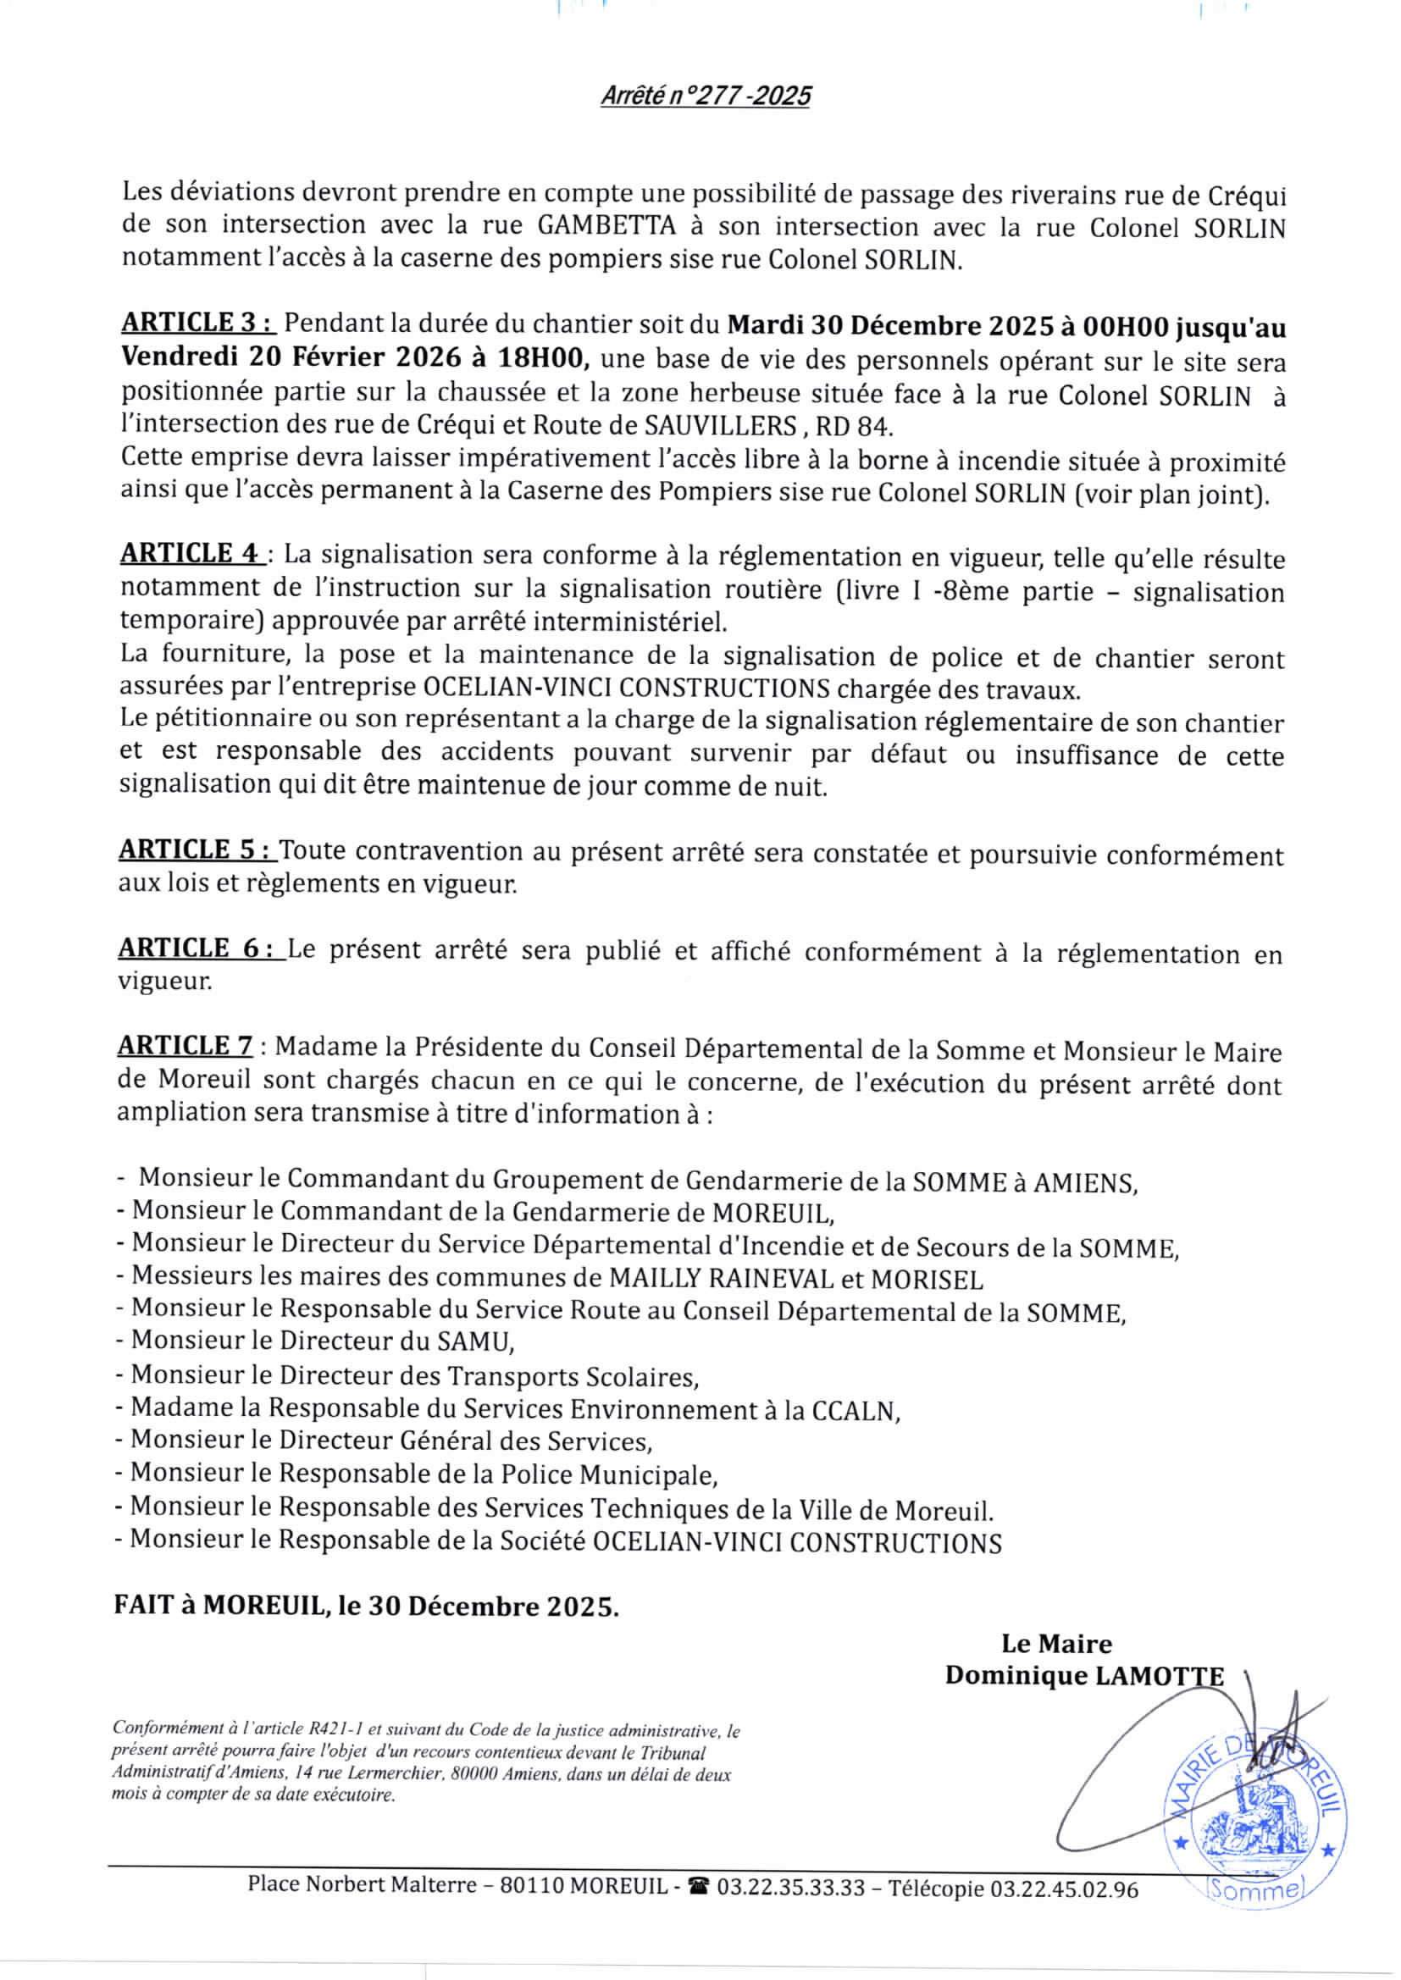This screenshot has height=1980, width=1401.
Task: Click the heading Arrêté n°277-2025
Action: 706,96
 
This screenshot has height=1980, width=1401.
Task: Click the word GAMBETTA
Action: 606,225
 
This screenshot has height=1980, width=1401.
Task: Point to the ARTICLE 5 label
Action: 197,849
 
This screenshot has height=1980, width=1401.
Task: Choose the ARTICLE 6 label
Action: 201,948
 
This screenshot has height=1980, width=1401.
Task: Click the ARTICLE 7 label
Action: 186,1046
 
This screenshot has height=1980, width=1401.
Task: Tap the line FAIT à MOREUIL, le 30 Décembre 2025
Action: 367,1607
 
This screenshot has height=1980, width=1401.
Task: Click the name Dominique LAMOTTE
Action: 1084,1676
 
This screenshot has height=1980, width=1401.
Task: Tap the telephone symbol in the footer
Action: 699,1889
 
